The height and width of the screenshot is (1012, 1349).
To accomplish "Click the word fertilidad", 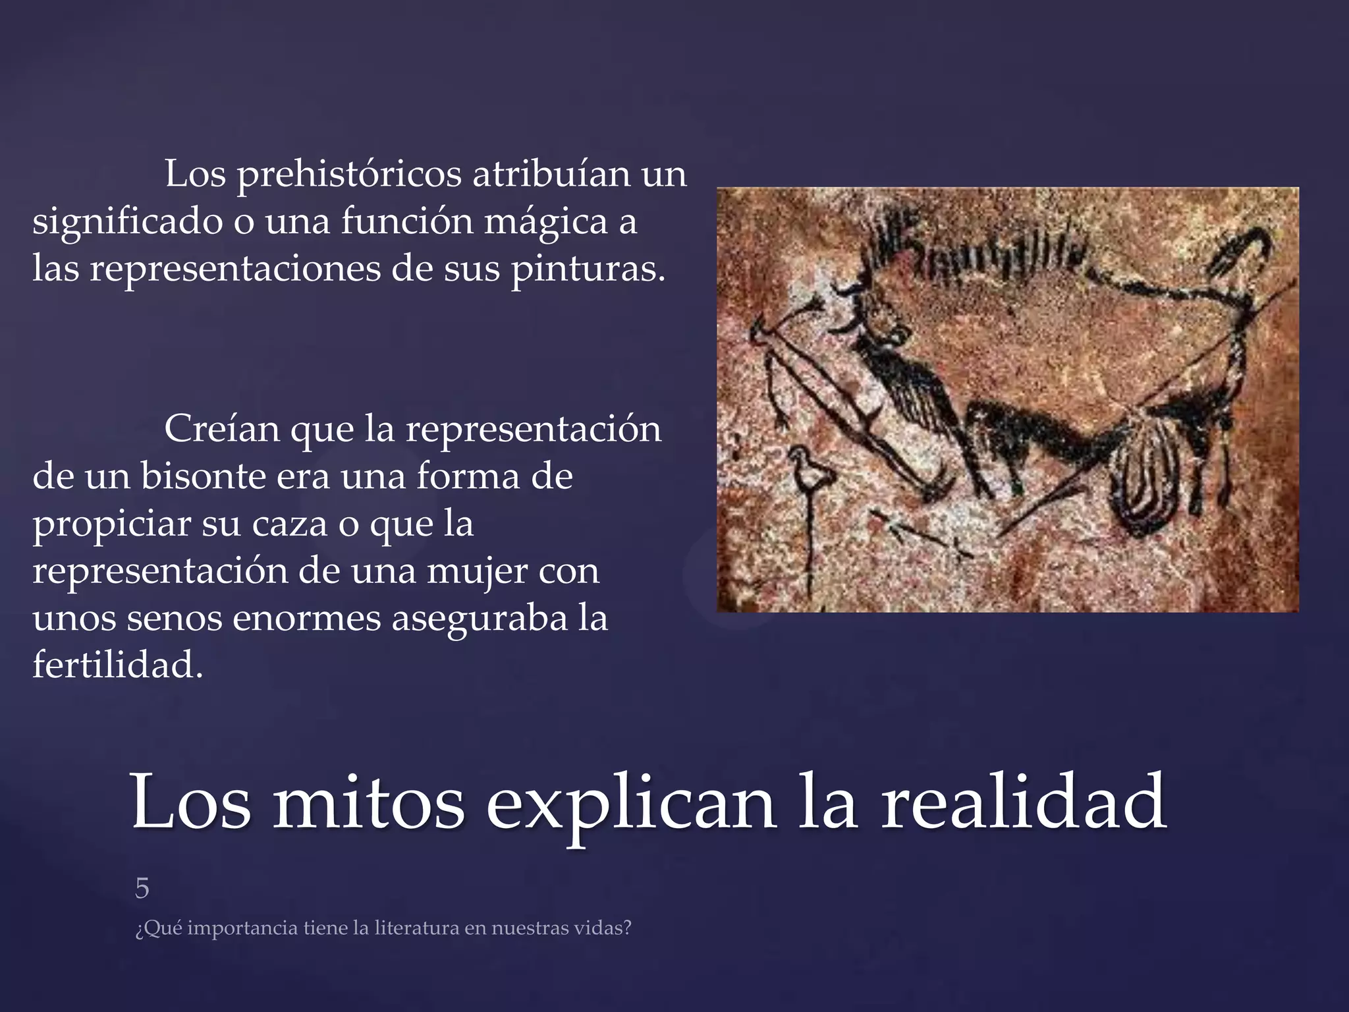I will tap(117, 665).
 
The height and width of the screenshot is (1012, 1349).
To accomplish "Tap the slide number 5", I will tap(142, 889).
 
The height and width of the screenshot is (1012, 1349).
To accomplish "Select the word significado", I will tap(127, 223).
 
